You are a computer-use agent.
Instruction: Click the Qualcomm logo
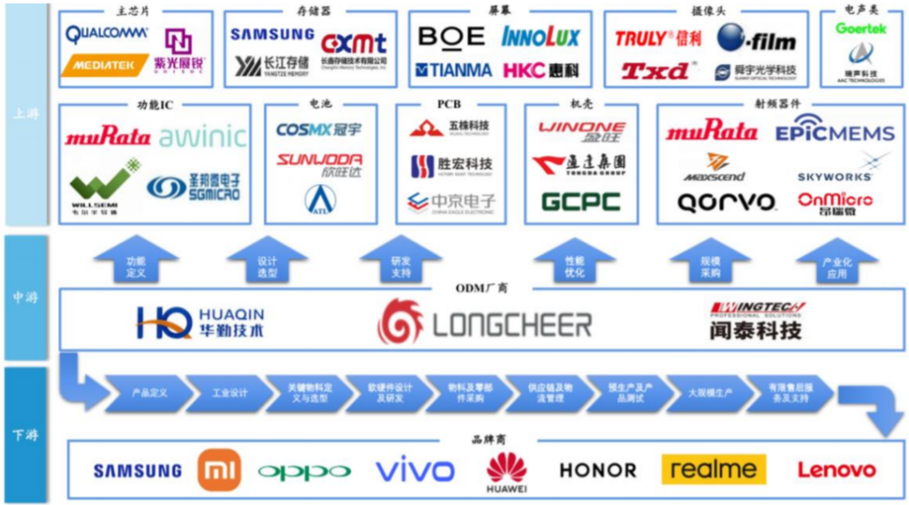pyautogui.click(x=107, y=35)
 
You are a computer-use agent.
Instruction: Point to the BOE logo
pyautogui.click(x=451, y=36)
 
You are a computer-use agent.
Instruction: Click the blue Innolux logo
pyautogui.click(x=540, y=37)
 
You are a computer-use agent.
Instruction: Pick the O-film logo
pyautogui.click(x=757, y=38)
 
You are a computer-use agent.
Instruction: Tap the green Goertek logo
pyautogui.click(x=861, y=29)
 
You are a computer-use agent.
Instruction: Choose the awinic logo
pyautogui.click(x=202, y=136)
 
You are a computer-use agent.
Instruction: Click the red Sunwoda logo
pyautogui.click(x=319, y=160)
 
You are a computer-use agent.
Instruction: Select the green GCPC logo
pyautogui.click(x=581, y=202)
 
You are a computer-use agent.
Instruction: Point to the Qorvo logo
pyautogui.click(x=726, y=203)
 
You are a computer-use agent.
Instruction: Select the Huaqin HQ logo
pyautogui.click(x=200, y=322)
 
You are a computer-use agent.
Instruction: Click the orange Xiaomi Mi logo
pyautogui.click(x=219, y=470)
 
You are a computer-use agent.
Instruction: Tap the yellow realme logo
pyautogui.click(x=713, y=469)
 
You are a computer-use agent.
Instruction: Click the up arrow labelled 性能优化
pyautogui.click(x=575, y=262)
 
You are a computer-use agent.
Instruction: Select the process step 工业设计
pyautogui.click(x=230, y=393)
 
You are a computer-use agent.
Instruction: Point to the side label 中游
pyautogui.click(x=24, y=298)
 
